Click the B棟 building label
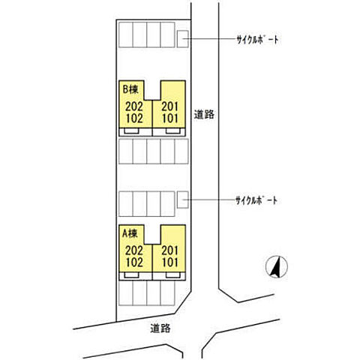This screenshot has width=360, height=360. pyautogui.click(x=130, y=89)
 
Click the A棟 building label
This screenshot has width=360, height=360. pyautogui.click(x=130, y=233)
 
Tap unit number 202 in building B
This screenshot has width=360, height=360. pyautogui.click(x=134, y=106)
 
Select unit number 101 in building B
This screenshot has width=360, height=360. pyautogui.click(x=170, y=118)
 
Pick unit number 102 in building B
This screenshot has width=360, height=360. pyautogui.click(x=134, y=118)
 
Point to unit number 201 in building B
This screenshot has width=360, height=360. pyautogui.click(x=170, y=106)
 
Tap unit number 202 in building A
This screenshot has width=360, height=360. pyautogui.click(x=134, y=250)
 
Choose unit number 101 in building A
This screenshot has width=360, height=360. pyautogui.click(x=170, y=262)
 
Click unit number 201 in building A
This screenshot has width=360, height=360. pyautogui.click(x=170, y=250)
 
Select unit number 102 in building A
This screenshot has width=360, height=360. pyautogui.click(x=134, y=262)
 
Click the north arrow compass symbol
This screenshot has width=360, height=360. pyautogui.click(x=277, y=266)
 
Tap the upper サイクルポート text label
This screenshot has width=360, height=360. pyautogui.click(x=257, y=40)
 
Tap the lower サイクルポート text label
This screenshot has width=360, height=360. pyautogui.click(x=256, y=200)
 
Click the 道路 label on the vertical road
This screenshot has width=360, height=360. pyautogui.click(x=204, y=115)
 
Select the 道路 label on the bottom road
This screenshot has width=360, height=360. pyautogui.click(x=160, y=328)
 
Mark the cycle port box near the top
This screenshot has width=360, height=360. pyautogui.click(x=183, y=39)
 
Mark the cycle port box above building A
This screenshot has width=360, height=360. pyautogui.click(x=183, y=199)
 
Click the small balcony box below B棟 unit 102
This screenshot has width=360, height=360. pyautogui.click(x=131, y=131)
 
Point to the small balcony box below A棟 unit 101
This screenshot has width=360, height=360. pyautogui.click(x=173, y=275)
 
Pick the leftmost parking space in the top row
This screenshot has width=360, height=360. pyautogui.click(x=125, y=34)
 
